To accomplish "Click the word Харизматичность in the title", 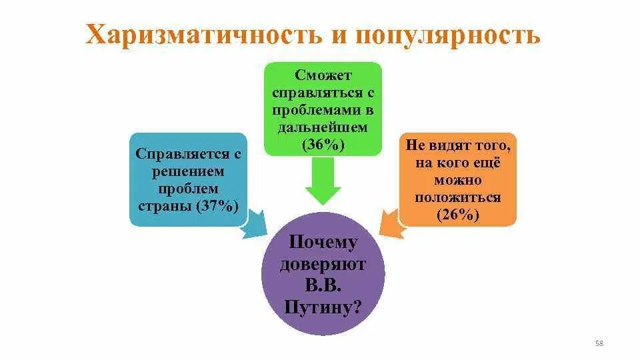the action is pyautogui.click(x=201, y=35).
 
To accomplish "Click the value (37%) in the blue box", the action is pyautogui.click(x=217, y=205).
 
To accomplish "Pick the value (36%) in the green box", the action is pyautogui.click(x=323, y=144).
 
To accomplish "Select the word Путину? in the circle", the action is pyautogui.click(x=323, y=307).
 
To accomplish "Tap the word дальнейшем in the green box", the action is pyautogui.click(x=323, y=127).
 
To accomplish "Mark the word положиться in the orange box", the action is pyautogui.click(x=457, y=197).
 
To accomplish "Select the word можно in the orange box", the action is pyautogui.click(x=457, y=180).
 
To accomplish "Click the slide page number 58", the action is pyautogui.click(x=598, y=343).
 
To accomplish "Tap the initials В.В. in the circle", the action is pyautogui.click(x=323, y=286).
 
